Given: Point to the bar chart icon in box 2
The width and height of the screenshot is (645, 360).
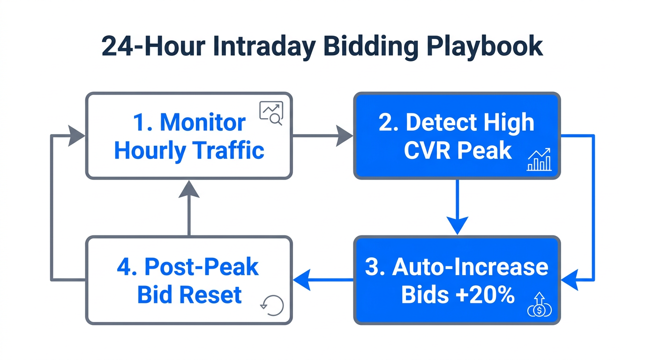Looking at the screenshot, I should [539, 160].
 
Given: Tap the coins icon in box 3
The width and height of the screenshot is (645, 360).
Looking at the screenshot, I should [540, 305].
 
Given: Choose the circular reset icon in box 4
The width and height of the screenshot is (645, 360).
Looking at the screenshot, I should [272, 305].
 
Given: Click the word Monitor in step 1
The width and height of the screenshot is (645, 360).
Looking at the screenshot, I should [202, 123].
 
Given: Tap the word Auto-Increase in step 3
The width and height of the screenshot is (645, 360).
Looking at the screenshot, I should [470, 267].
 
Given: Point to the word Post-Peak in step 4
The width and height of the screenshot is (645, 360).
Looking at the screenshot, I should [201, 267].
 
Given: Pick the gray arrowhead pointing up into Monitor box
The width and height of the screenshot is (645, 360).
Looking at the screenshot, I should [189, 188].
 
